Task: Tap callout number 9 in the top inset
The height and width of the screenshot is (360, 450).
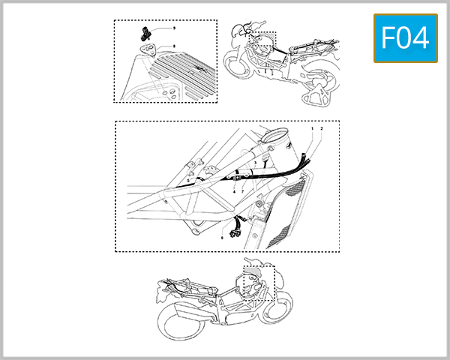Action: [174, 28]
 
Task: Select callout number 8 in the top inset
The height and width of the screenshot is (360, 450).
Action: [174, 46]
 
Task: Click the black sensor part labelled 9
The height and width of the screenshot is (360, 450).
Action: [145, 32]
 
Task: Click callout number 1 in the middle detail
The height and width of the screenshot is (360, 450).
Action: [313, 129]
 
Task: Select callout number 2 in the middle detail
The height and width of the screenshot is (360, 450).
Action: [322, 129]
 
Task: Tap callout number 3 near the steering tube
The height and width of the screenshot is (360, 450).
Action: [256, 163]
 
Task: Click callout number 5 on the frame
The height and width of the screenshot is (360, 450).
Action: [187, 181]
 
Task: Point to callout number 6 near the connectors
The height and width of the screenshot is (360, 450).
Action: [222, 238]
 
